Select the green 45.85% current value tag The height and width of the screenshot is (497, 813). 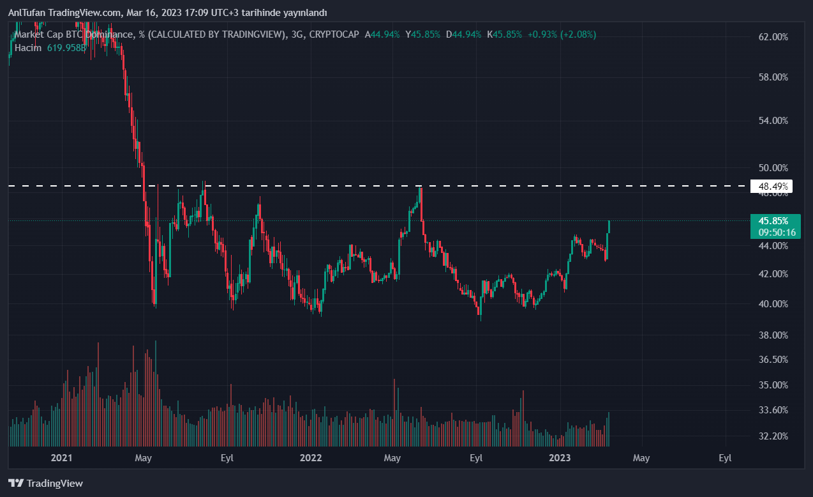point(773,220)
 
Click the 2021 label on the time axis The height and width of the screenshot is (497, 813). point(61,458)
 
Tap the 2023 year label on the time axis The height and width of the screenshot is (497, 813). point(560,458)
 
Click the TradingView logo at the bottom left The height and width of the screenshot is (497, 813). point(45,484)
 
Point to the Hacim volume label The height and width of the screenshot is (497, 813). point(27,48)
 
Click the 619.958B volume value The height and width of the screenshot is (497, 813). point(66,48)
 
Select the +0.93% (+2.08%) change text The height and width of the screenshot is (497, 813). point(562,34)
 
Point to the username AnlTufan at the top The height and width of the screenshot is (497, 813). point(27,13)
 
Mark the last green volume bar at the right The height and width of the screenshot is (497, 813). point(609,429)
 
